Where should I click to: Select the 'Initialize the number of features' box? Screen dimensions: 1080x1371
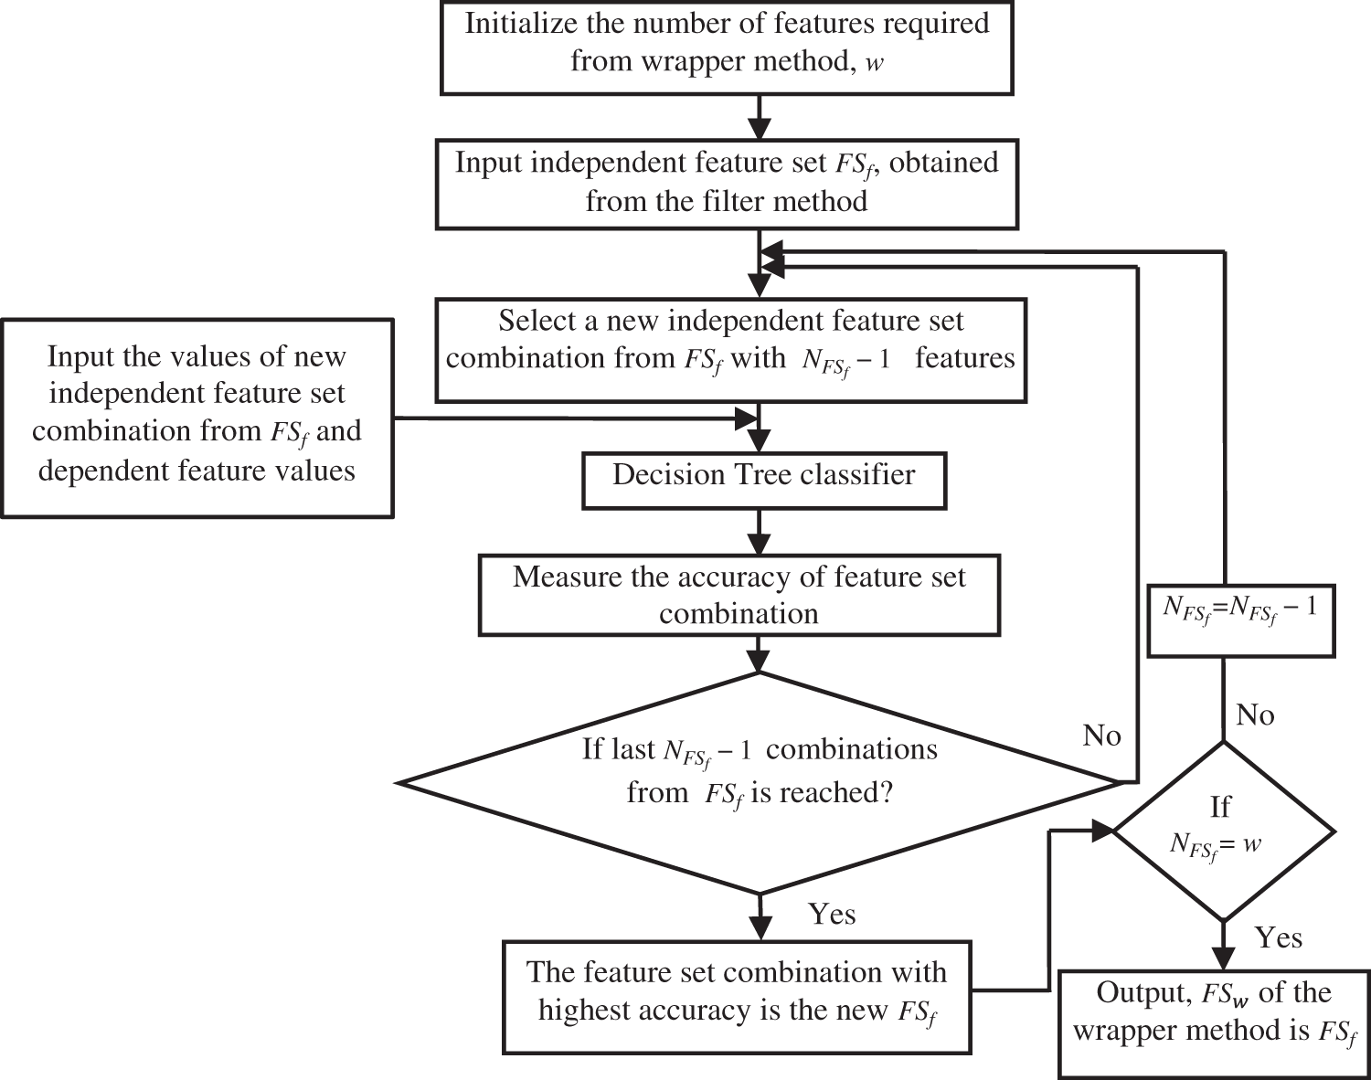[x=727, y=47]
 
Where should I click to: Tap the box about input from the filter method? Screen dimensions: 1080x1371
[x=727, y=183]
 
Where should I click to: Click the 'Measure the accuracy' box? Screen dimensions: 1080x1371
[x=739, y=595]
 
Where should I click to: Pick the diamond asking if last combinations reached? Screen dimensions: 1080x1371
[x=760, y=782]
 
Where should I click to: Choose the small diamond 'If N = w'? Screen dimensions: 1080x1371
[x=1222, y=831]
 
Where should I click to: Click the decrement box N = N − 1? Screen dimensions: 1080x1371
[x=1240, y=620]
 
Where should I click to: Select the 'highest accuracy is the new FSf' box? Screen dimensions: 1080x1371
[x=737, y=998]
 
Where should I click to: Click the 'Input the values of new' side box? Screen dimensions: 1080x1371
[x=197, y=418]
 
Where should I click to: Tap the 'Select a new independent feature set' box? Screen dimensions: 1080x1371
[x=730, y=350]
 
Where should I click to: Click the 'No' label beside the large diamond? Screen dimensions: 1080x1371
[x=1101, y=736]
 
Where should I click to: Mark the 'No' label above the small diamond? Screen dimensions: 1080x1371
[x=1255, y=715]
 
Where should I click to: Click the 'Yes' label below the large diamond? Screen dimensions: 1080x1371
[x=832, y=914]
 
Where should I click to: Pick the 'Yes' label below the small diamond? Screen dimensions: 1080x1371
[x=1278, y=937]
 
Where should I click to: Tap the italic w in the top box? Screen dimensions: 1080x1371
[x=874, y=63]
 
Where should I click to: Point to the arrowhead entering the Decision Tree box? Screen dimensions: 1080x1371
[x=760, y=441]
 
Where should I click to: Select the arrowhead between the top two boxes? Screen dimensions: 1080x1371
[x=760, y=128]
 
